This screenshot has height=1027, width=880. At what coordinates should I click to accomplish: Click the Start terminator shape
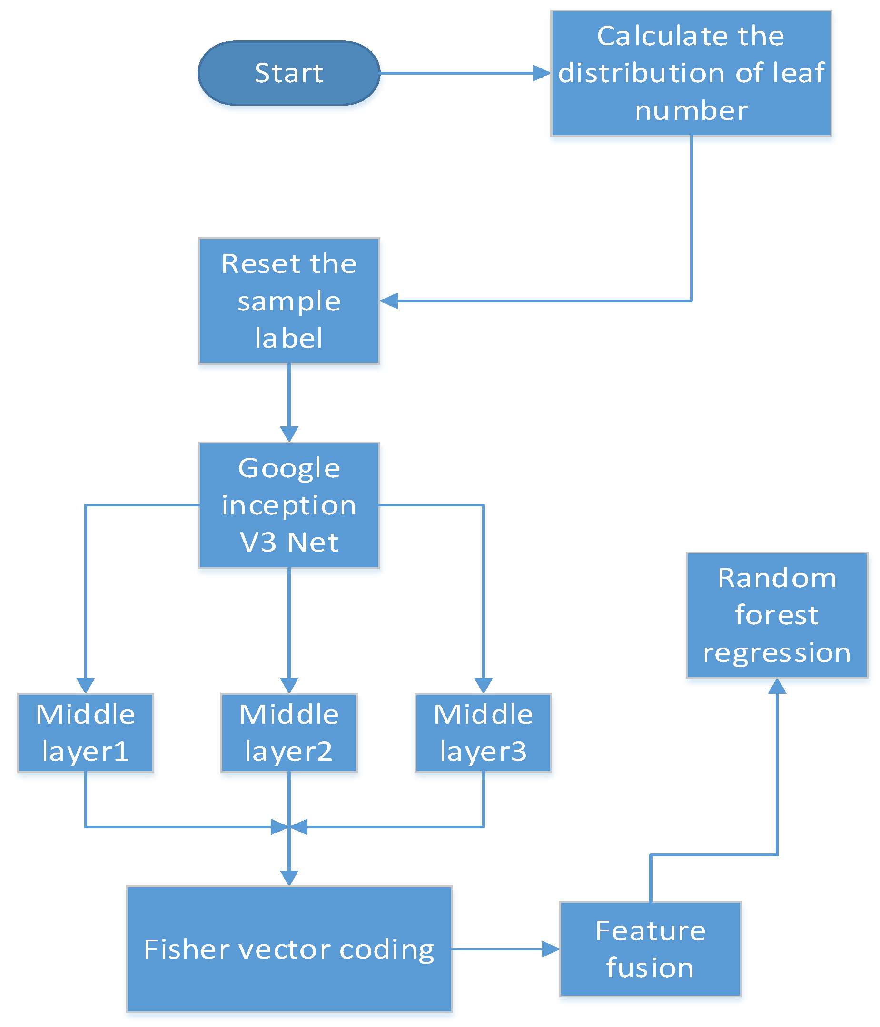coord(289,73)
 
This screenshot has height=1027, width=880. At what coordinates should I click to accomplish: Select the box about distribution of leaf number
coord(691,73)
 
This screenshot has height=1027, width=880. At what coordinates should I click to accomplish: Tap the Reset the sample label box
coord(289,301)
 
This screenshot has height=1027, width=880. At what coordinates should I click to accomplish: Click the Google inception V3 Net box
coord(289,504)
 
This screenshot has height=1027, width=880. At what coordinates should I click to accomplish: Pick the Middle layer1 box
coord(85,733)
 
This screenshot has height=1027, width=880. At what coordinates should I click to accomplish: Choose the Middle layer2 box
coord(289,733)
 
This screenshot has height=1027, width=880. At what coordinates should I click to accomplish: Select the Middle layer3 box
coord(483,733)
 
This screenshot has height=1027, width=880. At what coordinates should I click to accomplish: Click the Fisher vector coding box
coord(289,949)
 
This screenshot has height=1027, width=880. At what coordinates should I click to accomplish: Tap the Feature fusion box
coord(650,949)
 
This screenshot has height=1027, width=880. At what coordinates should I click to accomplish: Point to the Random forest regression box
coord(776,615)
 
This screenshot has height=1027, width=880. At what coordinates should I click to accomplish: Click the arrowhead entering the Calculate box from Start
coord(541,73)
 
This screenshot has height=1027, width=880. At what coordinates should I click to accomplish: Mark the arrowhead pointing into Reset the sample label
coord(389,300)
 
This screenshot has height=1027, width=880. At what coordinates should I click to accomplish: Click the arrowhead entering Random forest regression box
coord(776,687)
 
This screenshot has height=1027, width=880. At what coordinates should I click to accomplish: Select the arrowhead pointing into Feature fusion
coord(550,949)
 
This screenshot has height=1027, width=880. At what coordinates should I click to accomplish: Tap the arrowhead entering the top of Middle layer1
coord(85,685)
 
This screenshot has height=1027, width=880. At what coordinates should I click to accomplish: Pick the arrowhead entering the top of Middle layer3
coord(483,685)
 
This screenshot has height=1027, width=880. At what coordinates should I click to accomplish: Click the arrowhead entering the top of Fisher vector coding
coord(289,878)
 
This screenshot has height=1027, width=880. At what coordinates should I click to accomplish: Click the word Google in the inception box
coord(289,468)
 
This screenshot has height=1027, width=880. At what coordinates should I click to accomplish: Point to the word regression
coord(776,652)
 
